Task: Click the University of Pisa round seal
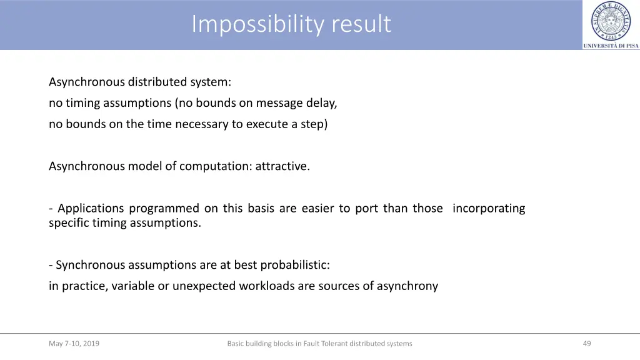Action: (x=611, y=21)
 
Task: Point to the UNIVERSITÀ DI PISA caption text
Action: (x=611, y=46)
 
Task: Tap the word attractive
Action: (x=282, y=166)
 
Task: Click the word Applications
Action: (x=91, y=208)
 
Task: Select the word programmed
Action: (x=164, y=208)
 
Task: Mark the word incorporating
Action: (x=489, y=208)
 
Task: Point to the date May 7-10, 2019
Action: (x=74, y=343)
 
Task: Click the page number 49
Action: (x=586, y=343)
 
